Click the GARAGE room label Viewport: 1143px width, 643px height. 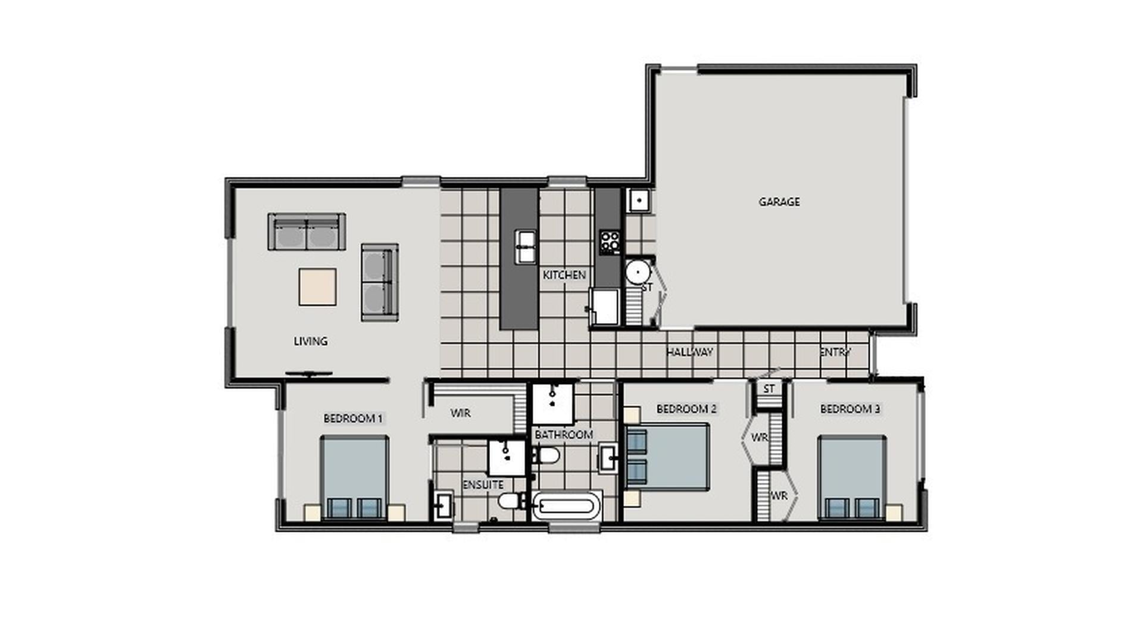click(x=779, y=202)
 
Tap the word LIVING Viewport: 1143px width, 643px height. click(x=310, y=341)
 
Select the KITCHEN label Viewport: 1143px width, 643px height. click(x=564, y=275)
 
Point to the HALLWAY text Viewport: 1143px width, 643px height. click(x=689, y=352)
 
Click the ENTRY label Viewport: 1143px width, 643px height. click(x=835, y=352)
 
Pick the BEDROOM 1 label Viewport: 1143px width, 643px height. click(x=353, y=419)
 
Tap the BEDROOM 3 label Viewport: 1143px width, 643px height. click(x=850, y=409)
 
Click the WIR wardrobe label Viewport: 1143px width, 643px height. click(x=460, y=413)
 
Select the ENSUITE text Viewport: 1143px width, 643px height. click(x=483, y=485)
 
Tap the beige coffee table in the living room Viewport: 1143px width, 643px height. click(x=317, y=287)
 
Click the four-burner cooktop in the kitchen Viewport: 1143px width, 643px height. click(x=610, y=242)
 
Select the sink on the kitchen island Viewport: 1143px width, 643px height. click(x=525, y=246)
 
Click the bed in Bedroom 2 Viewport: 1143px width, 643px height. click(x=667, y=457)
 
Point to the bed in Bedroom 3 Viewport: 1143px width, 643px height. click(x=851, y=477)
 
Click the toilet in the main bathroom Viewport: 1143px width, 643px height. click(x=545, y=456)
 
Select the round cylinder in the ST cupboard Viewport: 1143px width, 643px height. click(x=638, y=273)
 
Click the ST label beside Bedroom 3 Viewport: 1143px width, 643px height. click(x=769, y=389)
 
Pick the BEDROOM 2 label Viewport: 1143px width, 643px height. click(x=686, y=409)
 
